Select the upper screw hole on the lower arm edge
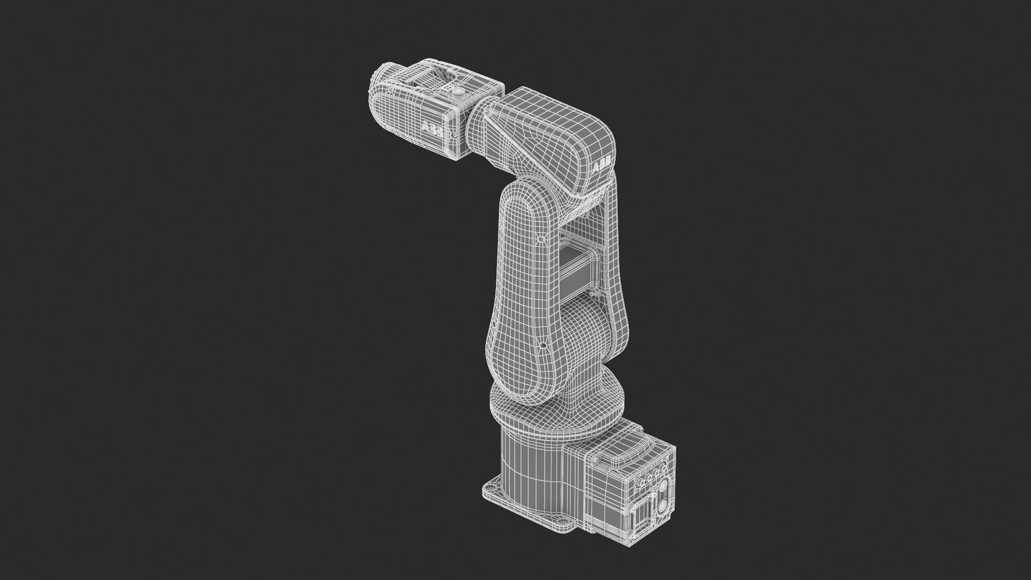[x=541, y=239]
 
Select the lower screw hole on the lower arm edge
[x=543, y=345]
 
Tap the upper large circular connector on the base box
[x=663, y=485]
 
